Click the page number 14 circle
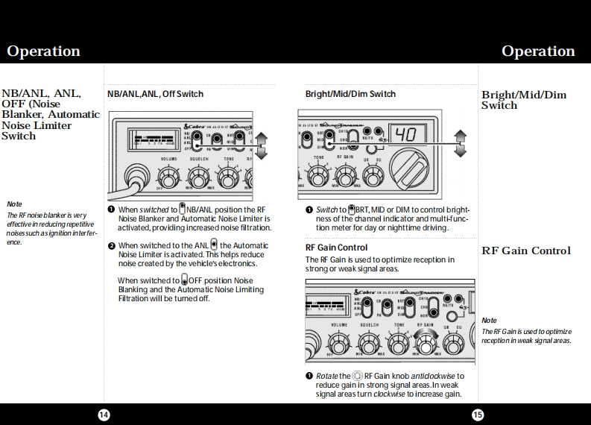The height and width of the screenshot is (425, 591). [104, 415]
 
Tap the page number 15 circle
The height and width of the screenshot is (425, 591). [477, 415]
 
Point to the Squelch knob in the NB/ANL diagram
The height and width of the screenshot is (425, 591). [198, 177]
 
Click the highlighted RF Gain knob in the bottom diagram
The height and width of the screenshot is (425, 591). [426, 343]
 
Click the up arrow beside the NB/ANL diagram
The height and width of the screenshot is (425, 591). [262, 137]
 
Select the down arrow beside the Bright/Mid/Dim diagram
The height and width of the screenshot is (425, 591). [461, 150]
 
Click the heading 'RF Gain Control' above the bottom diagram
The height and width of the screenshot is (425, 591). [336, 248]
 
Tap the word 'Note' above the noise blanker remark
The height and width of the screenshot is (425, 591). [14, 204]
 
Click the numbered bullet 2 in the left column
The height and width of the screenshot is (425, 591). [111, 245]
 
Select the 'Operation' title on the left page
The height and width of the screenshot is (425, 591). [43, 51]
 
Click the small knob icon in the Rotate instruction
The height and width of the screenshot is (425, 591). [358, 376]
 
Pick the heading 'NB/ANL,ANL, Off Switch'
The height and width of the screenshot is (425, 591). [155, 94]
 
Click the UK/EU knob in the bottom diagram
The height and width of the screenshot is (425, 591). [453, 343]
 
